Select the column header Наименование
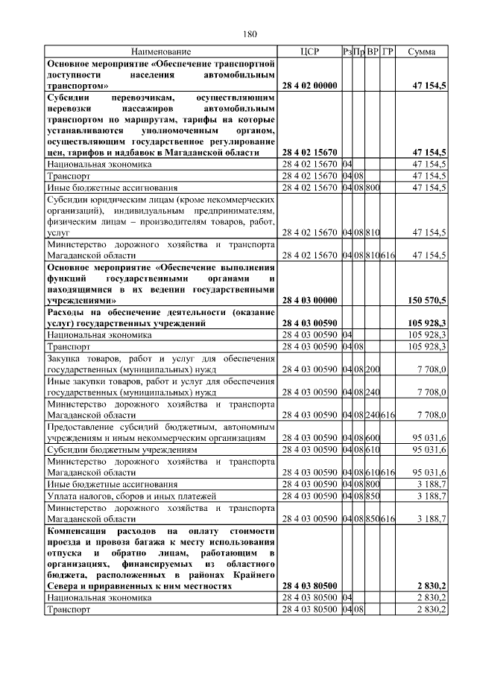pyautogui.click(x=161, y=52)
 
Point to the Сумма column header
pyautogui.click(x=423, y=52)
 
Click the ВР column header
pyautogui.click(x=373, y=52)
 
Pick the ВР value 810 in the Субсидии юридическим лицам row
pyautogui.click(x=373, y=232)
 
